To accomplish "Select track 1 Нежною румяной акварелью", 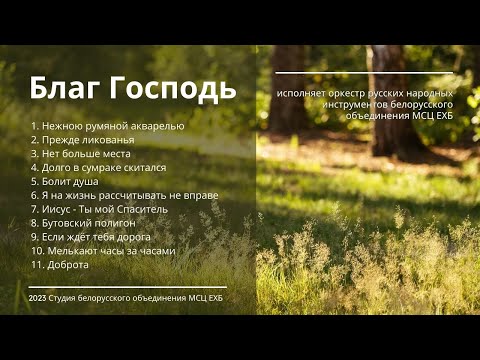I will point(108,126).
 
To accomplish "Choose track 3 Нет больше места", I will point(81,154).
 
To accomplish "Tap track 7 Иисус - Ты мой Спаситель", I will point(99,210).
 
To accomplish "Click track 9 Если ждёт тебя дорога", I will point(91,237).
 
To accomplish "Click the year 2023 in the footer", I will point(39,298).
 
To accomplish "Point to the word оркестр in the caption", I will point(339,93).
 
